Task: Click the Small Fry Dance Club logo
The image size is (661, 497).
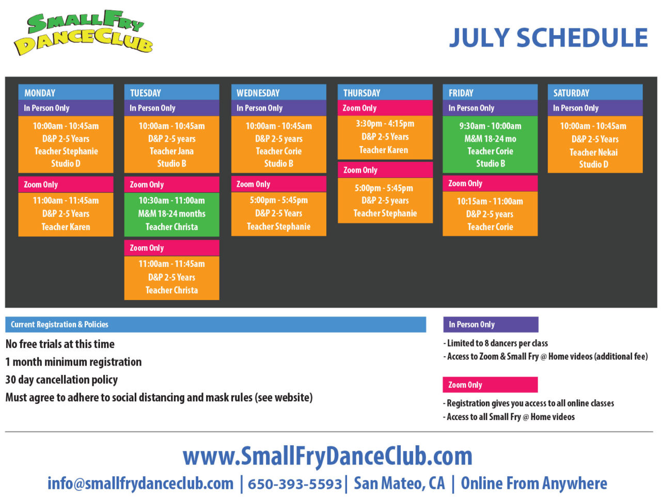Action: [83, 32]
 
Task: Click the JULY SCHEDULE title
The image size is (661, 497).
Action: [548, 38]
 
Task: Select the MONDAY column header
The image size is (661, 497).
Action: [66, 93]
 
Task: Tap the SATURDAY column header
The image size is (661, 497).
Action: [595, 93]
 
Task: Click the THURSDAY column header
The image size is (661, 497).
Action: [385, 93]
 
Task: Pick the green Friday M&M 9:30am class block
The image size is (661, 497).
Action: [490, 144]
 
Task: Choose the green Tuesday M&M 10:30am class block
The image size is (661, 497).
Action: [171, 214]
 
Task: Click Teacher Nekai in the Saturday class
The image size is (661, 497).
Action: [593, 152]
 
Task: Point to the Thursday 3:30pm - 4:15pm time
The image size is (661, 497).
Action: [385, 124]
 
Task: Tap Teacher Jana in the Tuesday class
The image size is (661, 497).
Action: [171, 151]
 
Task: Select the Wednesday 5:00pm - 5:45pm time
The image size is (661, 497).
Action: [278, 200]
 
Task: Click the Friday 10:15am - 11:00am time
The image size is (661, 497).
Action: [490, 201]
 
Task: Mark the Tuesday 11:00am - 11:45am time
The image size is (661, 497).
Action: [171, 264]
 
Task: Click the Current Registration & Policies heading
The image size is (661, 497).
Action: [59, 324]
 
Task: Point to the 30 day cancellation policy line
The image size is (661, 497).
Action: [61, 380]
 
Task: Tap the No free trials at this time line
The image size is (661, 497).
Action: [60, 344]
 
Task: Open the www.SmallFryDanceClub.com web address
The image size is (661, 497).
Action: [327, 456]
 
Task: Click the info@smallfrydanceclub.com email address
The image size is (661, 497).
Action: [140, 484]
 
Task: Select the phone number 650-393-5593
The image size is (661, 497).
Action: [295, 484]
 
